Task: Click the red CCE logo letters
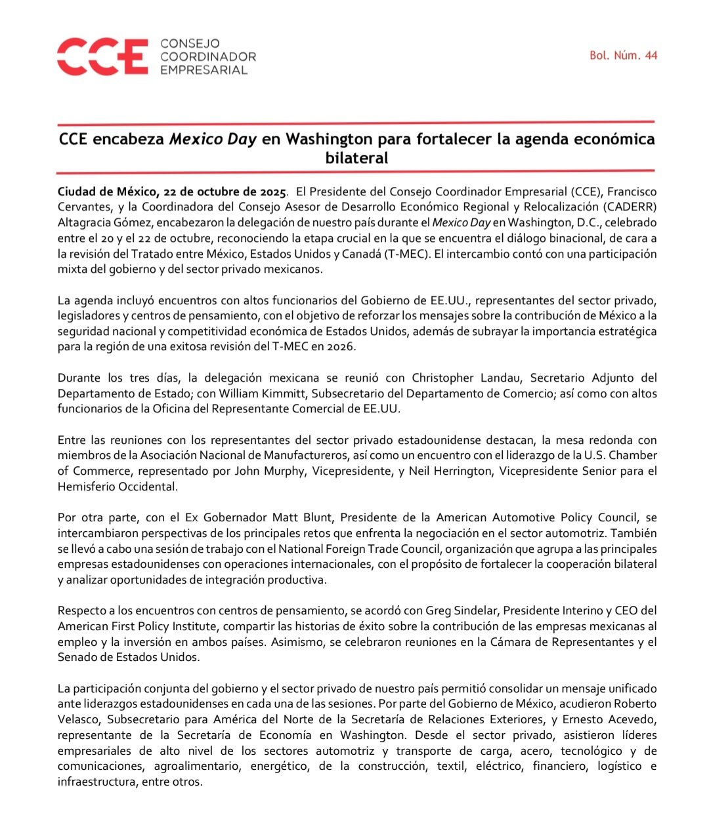[102, 56]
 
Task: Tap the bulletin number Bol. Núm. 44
[623, 56]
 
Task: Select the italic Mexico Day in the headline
[213, 140]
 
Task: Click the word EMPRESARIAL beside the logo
[204, 70]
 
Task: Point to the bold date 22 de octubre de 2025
[223, 192]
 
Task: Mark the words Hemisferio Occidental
[117, 487]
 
